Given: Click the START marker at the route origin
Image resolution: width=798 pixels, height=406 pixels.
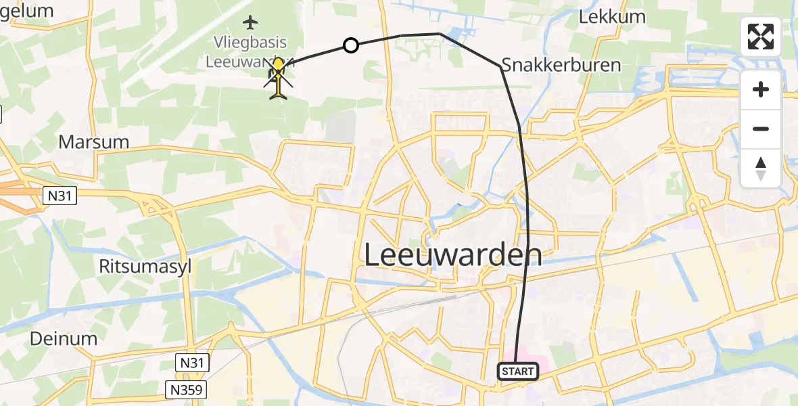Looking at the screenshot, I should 518,371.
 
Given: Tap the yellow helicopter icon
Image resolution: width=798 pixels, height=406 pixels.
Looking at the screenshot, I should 278,77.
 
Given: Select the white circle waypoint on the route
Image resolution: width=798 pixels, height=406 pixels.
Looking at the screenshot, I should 350,45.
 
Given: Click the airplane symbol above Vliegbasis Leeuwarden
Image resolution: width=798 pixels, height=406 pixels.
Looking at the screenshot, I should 250,22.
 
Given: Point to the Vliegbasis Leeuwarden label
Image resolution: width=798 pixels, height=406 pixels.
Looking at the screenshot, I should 250,51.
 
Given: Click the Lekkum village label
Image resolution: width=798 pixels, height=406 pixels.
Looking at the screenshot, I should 612,17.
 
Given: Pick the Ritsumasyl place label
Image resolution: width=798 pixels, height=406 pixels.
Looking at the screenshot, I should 145,266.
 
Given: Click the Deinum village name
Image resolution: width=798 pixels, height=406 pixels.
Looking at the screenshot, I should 64,338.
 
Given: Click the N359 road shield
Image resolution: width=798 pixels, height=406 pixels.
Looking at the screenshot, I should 185,389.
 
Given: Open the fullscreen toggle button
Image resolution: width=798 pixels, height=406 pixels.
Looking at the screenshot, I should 761,37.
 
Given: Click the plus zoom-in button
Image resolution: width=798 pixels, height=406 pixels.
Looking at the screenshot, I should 761,90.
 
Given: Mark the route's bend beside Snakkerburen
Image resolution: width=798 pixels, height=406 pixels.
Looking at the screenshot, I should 501,66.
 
